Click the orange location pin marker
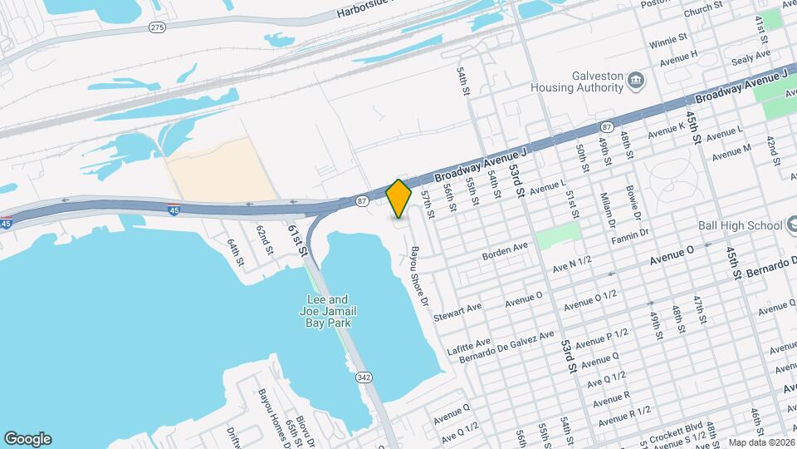pos(399,198)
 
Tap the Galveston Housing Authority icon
pos(637,80)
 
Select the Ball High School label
pos(738,225)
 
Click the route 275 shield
pos(157,27)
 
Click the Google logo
pos(27,439)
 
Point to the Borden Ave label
pos(506,249)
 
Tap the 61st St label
pos(297,239)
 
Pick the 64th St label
pos(236,251)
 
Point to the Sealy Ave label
pos(751,57)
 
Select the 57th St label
pos(428,203)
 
